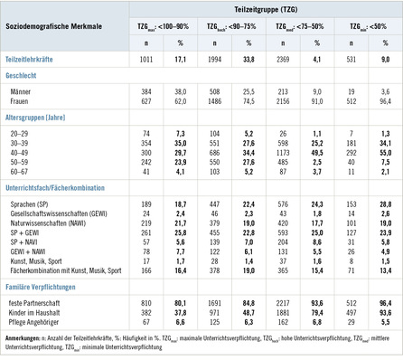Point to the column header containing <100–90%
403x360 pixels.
coord(173,27)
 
